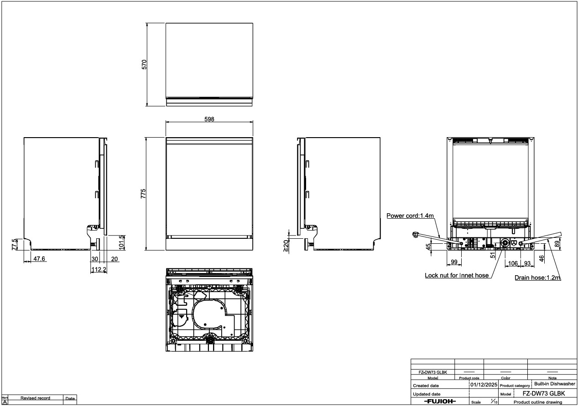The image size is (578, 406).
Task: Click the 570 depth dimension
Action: tap(144, 64)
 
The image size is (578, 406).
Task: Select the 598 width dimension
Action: tap(209, 119)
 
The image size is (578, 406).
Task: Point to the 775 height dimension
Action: tap(143, 194)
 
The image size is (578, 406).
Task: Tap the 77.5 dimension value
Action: tap(15, 244)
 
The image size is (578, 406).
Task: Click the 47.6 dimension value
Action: tap(39, 258)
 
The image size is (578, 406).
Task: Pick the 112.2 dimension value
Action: tap(99, 270)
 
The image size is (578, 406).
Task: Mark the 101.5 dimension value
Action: tap(121, 242)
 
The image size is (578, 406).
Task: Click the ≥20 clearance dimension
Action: tap(286, 246)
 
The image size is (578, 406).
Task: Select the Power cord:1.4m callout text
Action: tap(410, 216)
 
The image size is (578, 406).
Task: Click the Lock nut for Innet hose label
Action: tap(457, 275)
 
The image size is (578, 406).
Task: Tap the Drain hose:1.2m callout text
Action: tap(537, 278)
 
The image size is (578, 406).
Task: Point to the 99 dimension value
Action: tap(454, 262)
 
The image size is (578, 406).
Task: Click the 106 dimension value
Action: tap(513, 263)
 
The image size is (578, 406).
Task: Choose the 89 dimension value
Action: tap(557, 244)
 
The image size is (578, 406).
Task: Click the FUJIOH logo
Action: tap(440, 401)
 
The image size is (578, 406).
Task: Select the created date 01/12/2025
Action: tap(484, 385)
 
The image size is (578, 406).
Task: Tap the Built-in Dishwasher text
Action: tap(555, 384)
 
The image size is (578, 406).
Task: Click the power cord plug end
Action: tap(415, 235)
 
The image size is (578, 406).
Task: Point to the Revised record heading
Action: tap(35, 398)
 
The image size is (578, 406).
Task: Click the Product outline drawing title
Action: tap(538, 402)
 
